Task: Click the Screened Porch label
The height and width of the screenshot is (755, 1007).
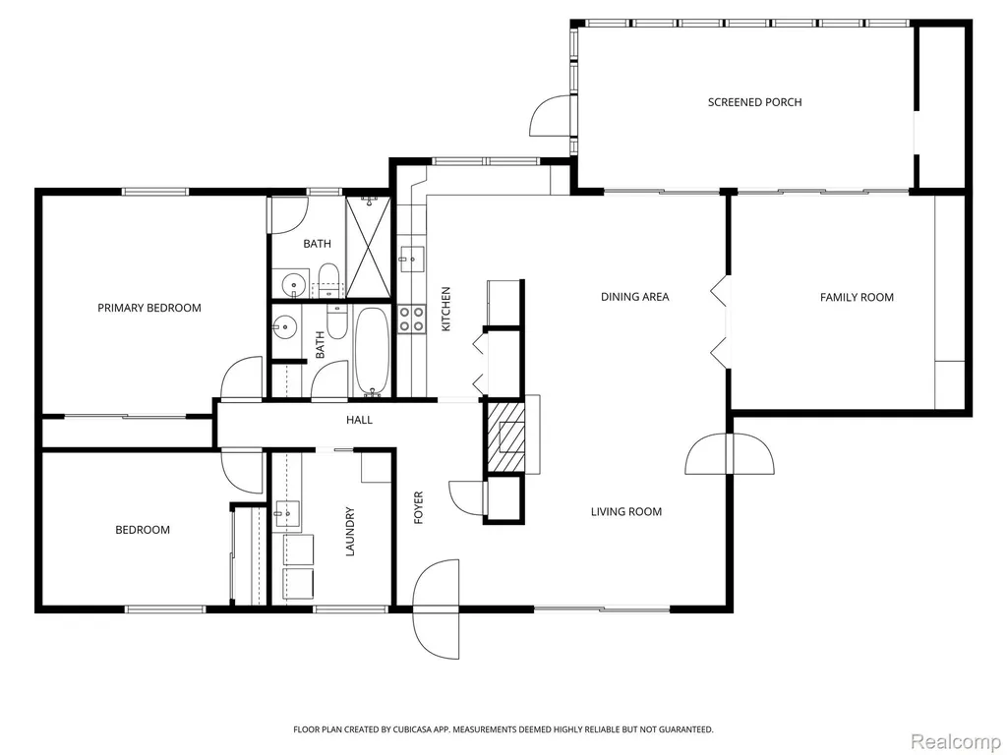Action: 754,102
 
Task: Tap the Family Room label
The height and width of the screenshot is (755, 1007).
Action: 857,297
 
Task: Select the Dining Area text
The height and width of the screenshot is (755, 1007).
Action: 634,297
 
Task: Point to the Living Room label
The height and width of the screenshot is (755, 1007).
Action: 626,511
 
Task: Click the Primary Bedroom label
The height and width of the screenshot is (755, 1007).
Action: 149,308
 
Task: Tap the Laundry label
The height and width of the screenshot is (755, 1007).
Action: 350,532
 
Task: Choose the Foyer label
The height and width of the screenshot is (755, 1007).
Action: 419,508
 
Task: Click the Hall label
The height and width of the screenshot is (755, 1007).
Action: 359,420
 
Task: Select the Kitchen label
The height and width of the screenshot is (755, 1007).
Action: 446,309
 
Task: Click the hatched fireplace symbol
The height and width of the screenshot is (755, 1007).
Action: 504,436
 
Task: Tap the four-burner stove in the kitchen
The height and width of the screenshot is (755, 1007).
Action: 412,319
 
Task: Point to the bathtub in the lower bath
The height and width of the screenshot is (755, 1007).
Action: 372,352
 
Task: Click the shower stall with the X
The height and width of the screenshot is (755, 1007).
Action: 368,247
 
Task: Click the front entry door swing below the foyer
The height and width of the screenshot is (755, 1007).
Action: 437,610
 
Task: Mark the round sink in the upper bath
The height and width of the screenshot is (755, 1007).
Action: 293,283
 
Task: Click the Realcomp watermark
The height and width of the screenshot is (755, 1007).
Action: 956,741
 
